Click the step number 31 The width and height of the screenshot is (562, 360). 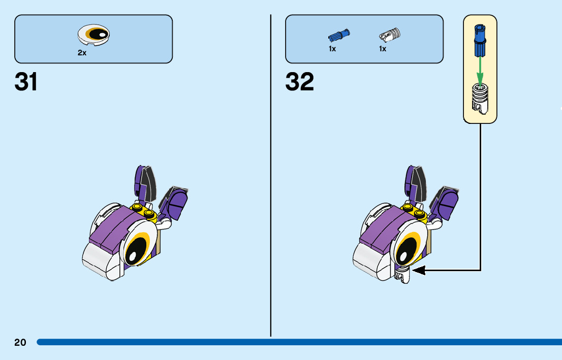tap(26, 82)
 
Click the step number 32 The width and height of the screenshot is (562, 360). tap(299, 82)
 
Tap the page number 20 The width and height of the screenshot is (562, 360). tap(20, 343)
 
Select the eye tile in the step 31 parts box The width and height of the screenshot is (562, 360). tap(94, 35)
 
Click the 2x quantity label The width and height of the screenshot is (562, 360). tap(82, 53)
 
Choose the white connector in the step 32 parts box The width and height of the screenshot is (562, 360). tap(390, 35)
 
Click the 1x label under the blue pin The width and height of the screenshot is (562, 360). tap(332, 49)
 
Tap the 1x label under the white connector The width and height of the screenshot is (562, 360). tap(383, 49)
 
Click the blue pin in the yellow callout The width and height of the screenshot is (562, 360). tap(479, 40)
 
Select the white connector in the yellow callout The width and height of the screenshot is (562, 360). tap(479, 97)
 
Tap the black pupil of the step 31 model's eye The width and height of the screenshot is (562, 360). tap(134, 250)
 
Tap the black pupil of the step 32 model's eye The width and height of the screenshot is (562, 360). tap(404, 250)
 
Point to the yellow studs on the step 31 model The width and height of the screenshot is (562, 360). tap(143, 210)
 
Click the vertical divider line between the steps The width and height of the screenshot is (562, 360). tap(271, 178)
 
